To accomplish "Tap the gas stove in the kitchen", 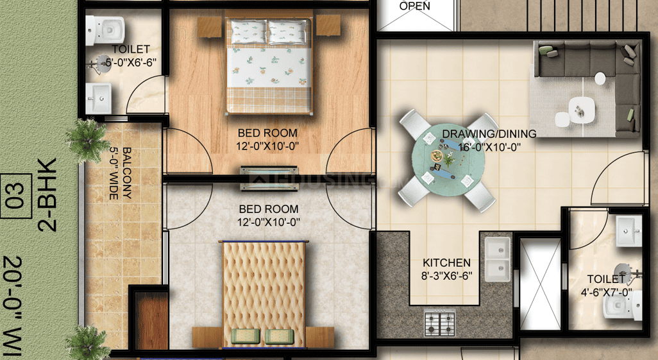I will tap(439, 321).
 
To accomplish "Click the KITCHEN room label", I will tap(446, 263).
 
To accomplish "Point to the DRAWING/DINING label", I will tap(489, 134).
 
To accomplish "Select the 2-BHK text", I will tap(47, 195).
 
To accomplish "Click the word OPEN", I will tap(415, 6).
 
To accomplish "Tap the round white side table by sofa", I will tap(600, 78).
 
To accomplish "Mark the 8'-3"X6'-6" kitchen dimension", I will tap(446, 276).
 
